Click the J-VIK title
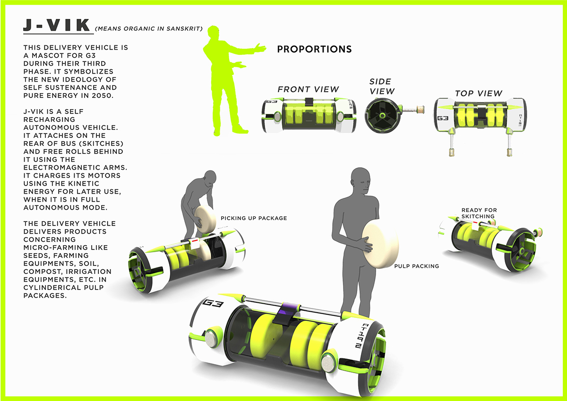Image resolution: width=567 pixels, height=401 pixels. [57, 27]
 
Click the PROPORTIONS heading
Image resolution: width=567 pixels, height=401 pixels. [314, 50]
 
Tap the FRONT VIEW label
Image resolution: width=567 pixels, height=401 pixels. [308, 89]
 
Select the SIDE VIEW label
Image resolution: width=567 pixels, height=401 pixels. [382, 86]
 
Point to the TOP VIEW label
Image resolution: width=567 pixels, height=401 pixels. [478, 93]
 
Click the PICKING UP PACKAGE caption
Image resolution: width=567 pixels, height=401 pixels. [254, 218]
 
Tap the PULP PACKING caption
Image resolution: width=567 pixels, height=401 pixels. [416, 266]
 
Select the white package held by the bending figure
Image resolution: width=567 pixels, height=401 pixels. [206, 220]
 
